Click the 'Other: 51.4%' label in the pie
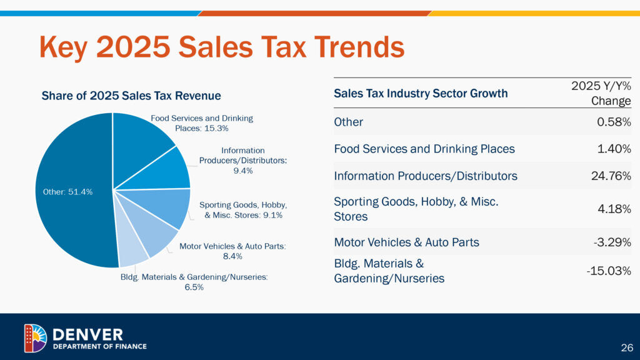(67, 192)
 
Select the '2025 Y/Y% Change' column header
(601, 93)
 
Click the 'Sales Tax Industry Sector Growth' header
(421, 94)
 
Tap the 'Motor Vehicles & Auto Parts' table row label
(406, 242)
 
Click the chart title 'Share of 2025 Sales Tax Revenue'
(131, 96)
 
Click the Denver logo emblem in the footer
(35, 338)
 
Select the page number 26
(626, 347)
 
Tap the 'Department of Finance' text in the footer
(99, 346)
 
